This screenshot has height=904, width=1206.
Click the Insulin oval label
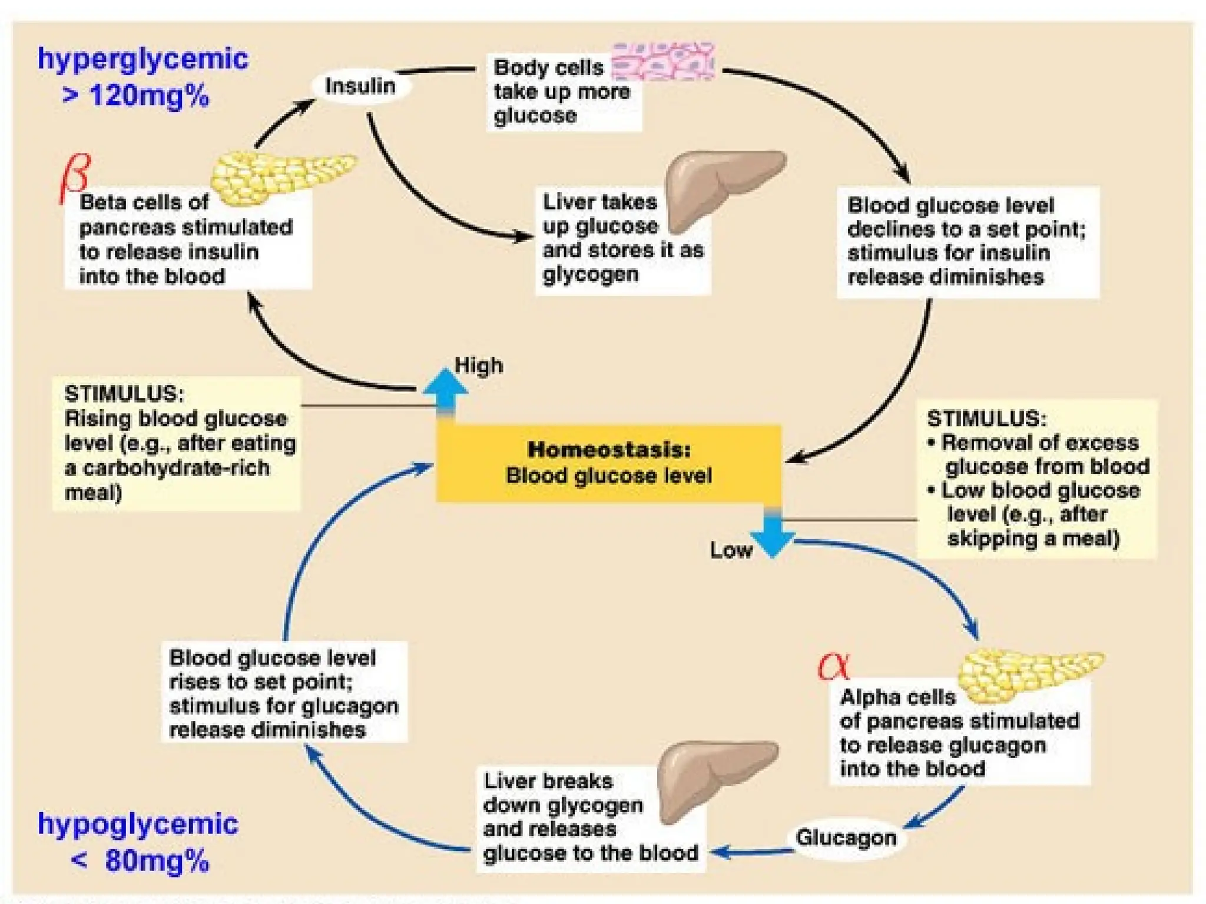[360, 87]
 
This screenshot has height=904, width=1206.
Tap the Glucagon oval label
[846, 837]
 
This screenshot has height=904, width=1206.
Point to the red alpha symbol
[834, 666]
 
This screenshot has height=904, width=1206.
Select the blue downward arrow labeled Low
[773, 533]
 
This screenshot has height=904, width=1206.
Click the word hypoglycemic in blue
[138, 824]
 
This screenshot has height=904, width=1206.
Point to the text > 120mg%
[136, 96]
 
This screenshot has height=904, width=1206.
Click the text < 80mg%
[140, 861]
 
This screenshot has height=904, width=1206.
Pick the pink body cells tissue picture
[663, 61]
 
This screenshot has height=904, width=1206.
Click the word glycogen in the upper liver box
[590, 275]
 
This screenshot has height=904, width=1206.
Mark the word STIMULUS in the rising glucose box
[124, 393]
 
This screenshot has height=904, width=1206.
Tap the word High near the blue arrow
[479, 365]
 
